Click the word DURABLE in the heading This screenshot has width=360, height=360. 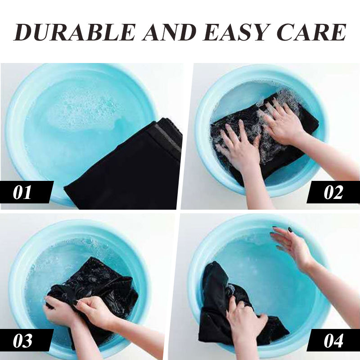(x=74, y=32)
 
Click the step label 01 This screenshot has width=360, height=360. (x=22, y=193)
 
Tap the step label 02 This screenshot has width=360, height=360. (x=333, y=193)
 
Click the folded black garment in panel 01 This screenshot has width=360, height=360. (x=129, y=167)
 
